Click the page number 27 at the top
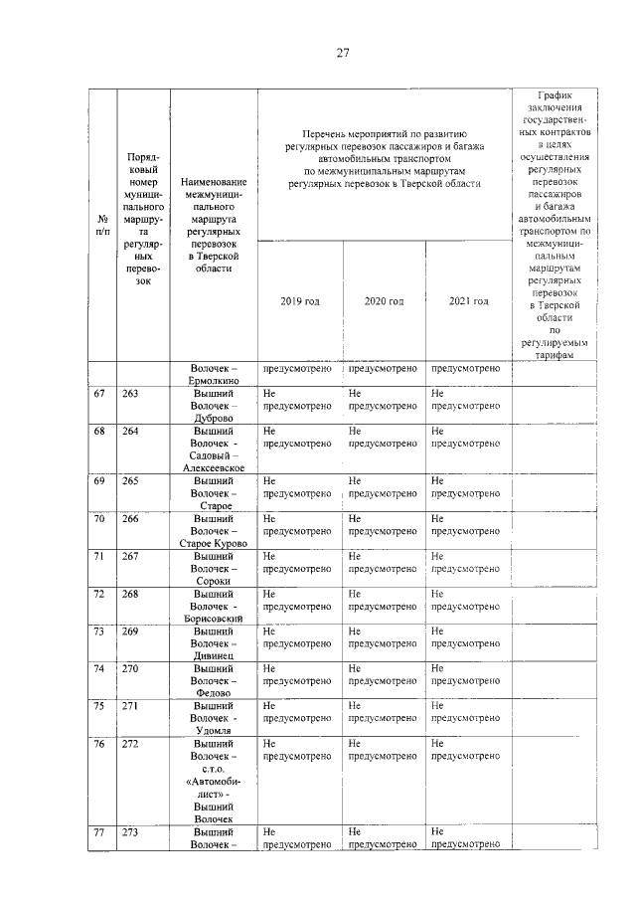tap(342, 53)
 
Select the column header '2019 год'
tap(300, 300)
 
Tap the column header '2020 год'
tap(384, 300)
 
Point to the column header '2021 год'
tap(467, 300)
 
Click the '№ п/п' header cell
tap(102, 224)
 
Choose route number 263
tap(130, 394)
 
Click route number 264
tap(130, 432)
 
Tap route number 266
tap(130, 519)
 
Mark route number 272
tap(130, 744)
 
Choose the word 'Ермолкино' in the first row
tap(214, 381)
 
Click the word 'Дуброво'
tap(214, 419)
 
